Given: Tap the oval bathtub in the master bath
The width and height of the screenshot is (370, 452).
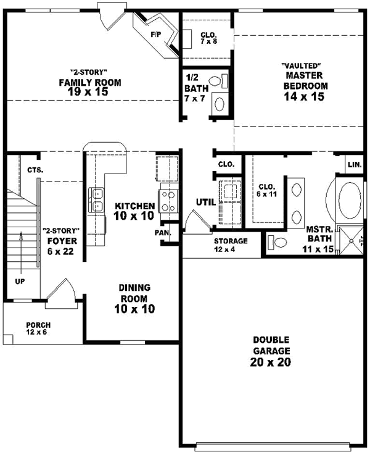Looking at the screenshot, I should coord(350,201).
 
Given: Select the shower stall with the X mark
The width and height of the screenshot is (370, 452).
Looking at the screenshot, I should coord(352,239).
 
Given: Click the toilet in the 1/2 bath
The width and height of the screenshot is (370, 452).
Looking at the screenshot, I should coord(217,81).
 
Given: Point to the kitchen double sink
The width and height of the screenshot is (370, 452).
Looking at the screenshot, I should coord(96,199).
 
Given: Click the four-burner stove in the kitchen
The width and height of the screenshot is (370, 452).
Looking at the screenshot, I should coord(168,200).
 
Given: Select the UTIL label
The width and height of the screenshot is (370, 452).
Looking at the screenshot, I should coord(205,201).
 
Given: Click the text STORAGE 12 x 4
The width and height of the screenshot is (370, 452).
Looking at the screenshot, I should coord(231,245).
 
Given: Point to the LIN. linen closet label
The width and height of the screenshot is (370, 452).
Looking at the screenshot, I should coord(354,165).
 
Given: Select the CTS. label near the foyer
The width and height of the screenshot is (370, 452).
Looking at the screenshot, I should coord(35,170).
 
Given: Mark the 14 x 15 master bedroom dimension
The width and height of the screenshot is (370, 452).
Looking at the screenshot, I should coord(304,96).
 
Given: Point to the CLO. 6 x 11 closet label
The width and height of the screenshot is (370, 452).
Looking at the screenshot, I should coord(266,190).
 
